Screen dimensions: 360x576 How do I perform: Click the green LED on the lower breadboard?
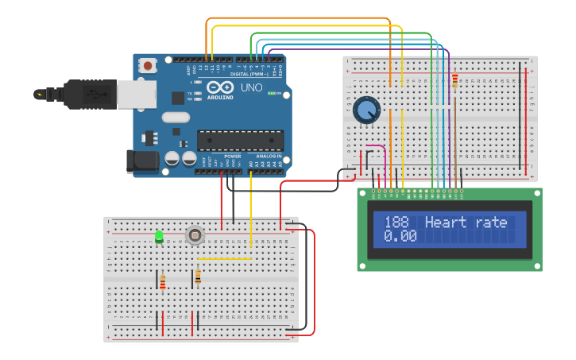pos(159,236)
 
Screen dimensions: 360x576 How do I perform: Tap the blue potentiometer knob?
pos(366,109)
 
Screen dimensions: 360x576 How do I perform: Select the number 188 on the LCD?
pos(397,223)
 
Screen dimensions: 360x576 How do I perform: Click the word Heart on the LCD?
pos(447,223)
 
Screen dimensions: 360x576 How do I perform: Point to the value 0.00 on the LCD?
pos(400,236)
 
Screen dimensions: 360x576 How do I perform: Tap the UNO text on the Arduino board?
pos(251,87)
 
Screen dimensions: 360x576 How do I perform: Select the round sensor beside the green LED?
pos(194,234)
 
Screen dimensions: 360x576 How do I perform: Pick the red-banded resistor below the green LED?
pos(163,282)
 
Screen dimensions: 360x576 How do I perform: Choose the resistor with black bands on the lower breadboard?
pos(197,277)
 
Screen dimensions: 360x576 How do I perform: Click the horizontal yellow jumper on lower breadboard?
pos(224,258)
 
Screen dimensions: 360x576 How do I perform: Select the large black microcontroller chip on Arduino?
pos(240,140)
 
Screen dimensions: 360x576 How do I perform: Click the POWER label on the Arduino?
pos(232,157)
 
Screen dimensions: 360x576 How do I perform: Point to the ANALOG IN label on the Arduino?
pos(266,157)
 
